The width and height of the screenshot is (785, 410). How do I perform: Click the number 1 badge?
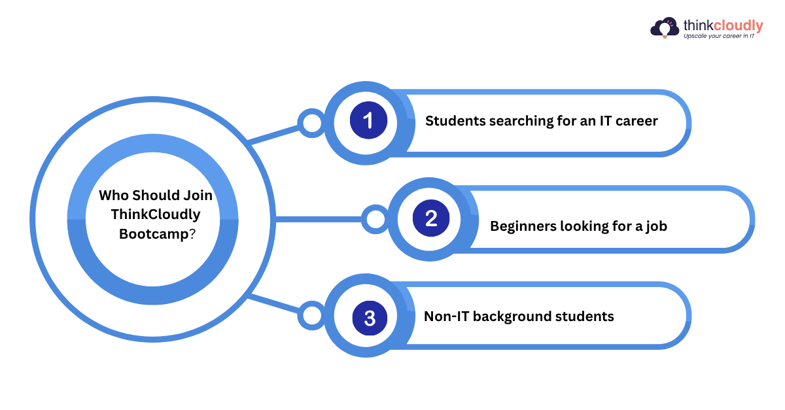click(368, 121)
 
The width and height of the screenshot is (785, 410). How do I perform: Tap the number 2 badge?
click(431, 218)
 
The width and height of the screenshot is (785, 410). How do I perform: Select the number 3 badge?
click(370, 318)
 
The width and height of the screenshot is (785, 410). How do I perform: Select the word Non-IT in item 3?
click(446, 316)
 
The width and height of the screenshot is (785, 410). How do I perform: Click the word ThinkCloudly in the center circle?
click(156, 214)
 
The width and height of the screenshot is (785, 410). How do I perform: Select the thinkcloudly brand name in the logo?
click(723, 26)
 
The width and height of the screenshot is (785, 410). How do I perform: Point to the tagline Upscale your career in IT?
click(719, 37)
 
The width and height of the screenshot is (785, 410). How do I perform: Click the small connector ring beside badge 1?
click(311, 123)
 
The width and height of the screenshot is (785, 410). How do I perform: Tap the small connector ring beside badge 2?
click(375, 219)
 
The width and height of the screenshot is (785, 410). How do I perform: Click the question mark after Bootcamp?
click(192, 234)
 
